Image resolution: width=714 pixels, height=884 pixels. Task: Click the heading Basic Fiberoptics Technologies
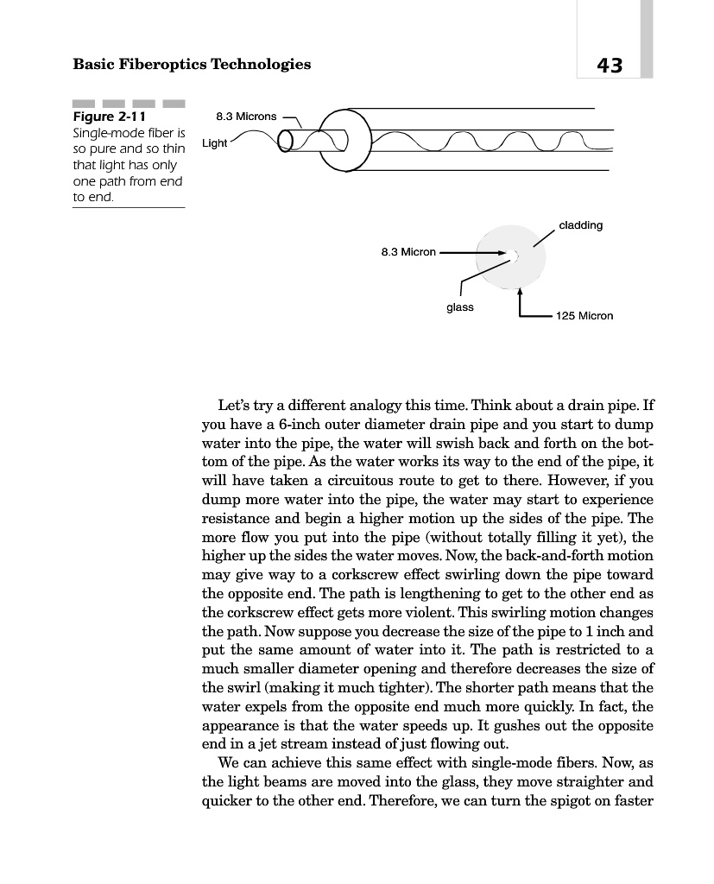192,65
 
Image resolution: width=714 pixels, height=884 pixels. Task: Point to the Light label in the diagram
214,143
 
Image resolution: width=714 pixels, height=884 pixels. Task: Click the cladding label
580,225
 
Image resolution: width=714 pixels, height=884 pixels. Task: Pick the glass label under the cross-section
459,306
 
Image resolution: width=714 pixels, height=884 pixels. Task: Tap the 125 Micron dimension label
584,316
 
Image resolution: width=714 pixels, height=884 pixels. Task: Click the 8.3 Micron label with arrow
408,252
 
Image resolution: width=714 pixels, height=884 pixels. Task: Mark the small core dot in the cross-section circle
515,255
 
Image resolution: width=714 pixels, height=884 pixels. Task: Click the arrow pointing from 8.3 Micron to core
475,253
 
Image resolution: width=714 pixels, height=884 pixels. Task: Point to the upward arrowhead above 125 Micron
520,290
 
